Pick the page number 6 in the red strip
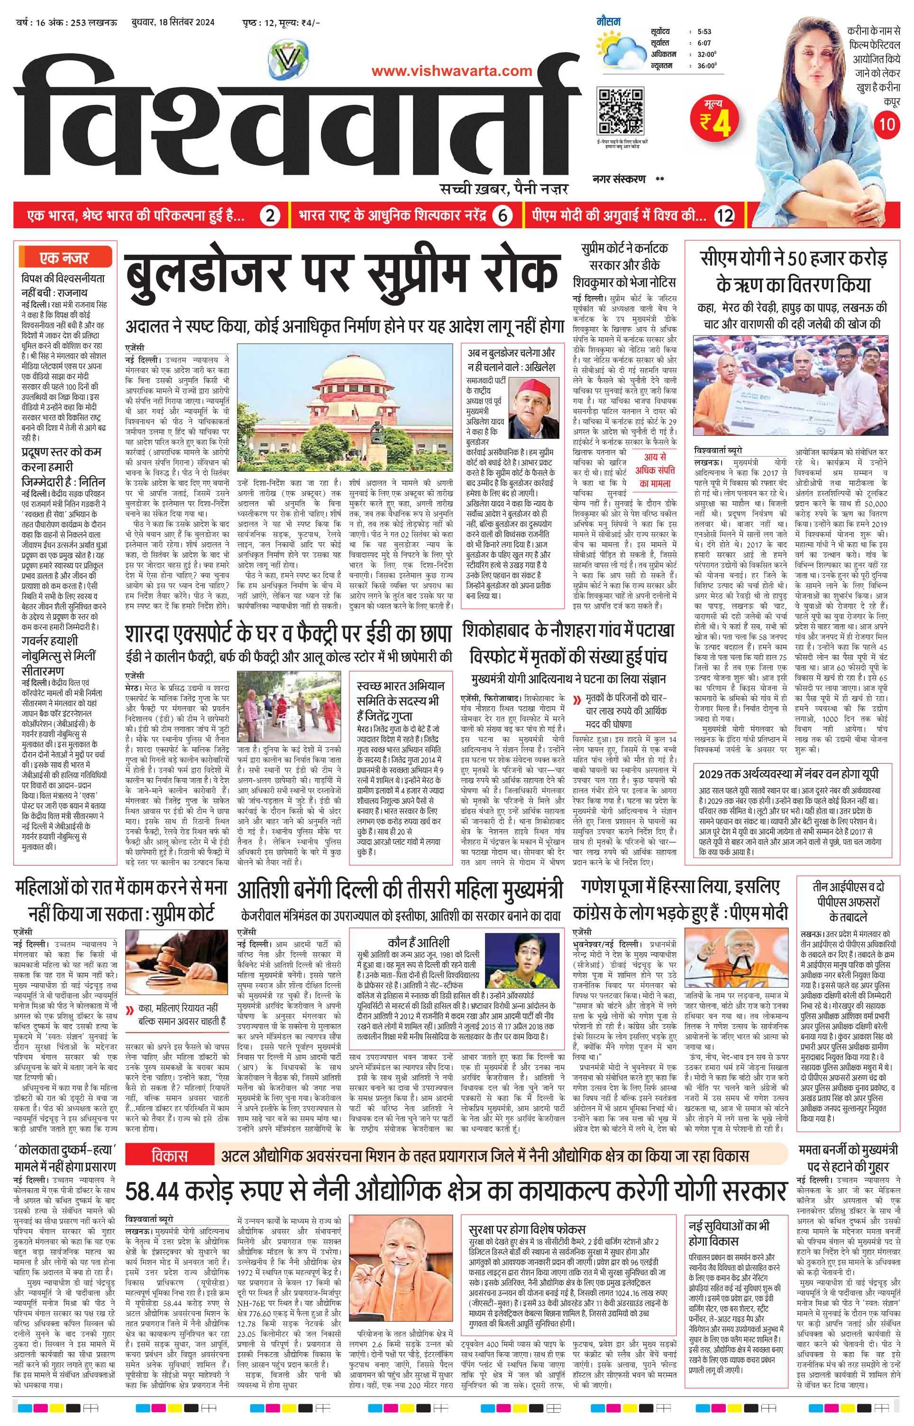point(502,215)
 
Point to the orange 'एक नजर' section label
point(64,258)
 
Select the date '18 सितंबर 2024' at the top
point(178,23)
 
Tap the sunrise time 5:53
point(704,31)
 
